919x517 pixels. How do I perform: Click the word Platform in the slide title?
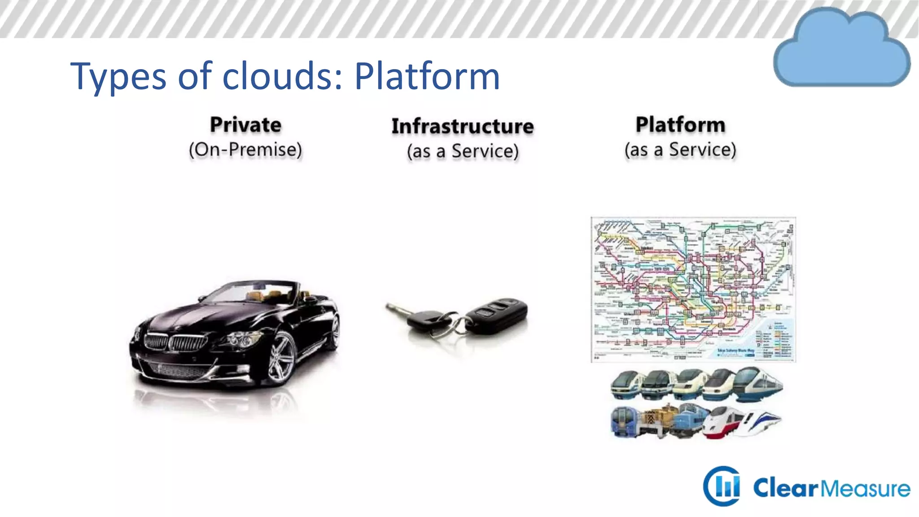click(x=427, y=76)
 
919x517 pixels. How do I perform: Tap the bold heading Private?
click(x=245, y=125)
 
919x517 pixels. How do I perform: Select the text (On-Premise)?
click(x=245, y=150)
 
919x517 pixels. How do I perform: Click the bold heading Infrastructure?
click(x=463, y=126)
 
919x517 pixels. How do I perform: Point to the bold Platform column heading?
click(x=680, y=125)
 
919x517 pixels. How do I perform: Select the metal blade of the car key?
click(x=397, y=309)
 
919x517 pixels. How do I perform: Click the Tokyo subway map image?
click(x=693, y=289)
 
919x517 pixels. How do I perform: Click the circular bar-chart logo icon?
click(x=722, y=486)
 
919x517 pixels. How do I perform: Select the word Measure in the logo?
click(x=866, y=488)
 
